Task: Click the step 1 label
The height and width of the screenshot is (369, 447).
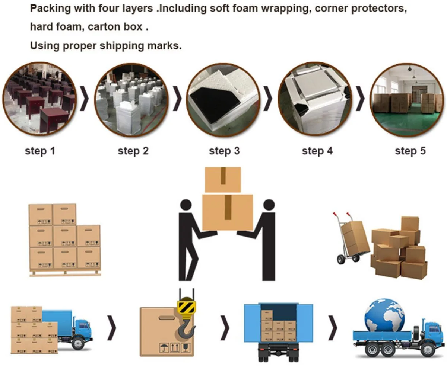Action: point(40,151)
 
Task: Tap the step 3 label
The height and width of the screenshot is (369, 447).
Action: point(224,151)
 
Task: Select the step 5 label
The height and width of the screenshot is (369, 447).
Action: point(410,151)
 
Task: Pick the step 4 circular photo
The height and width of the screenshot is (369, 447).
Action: point(315,99)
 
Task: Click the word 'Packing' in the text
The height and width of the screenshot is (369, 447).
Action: point(47,9)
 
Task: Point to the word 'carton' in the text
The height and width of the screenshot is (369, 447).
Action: point(107,27)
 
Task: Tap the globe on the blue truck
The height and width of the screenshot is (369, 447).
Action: point(384,315)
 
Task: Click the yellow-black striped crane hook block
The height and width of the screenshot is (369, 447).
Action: point(186,307)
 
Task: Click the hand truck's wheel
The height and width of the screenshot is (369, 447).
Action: point(340,259)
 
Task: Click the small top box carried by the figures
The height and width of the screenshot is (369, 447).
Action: point(223,179)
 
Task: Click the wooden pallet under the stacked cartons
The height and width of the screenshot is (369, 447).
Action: point(65,273)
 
